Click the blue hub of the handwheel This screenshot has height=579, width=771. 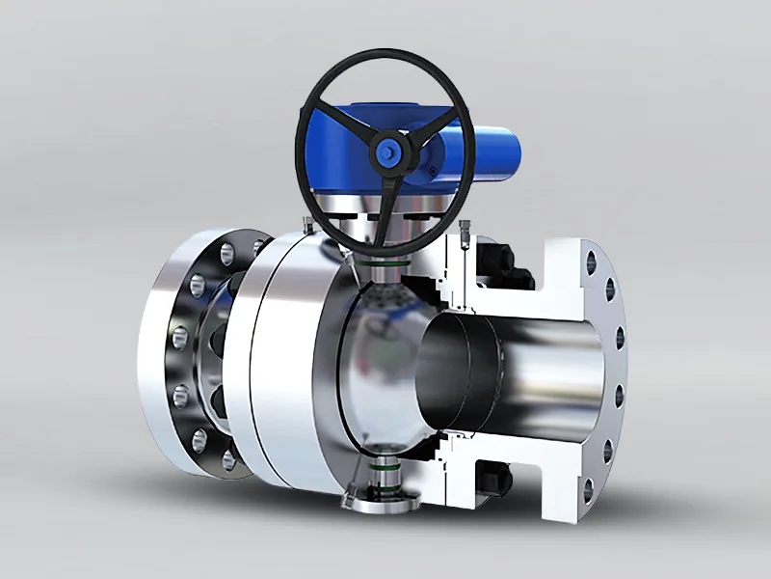389,151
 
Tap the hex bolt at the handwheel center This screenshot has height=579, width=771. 389,151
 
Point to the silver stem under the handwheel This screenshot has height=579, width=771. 385,241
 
